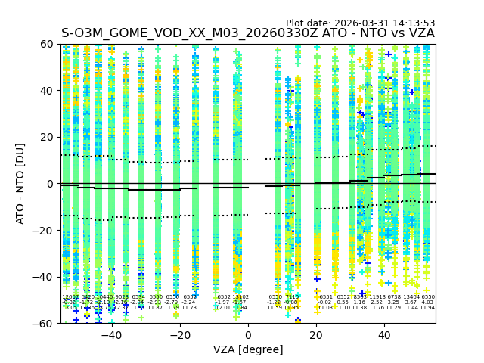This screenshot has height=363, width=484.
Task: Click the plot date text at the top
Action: [360, 23]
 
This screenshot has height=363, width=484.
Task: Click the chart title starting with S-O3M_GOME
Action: [248, 33]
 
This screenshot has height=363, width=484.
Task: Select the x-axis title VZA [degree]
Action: [248, 349]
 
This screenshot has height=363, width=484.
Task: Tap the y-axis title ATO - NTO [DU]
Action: [21, 184]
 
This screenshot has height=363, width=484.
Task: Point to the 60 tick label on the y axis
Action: [47, 45]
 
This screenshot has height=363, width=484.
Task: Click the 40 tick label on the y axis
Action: [47, 91]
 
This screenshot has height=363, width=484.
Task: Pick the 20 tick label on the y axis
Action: [47, 138]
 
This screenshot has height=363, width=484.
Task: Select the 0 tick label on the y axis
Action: [50, 184]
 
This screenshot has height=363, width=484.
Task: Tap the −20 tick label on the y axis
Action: [44, 231]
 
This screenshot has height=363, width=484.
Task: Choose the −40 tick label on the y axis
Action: [44, 277]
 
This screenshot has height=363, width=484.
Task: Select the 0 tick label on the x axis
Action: [248, 334]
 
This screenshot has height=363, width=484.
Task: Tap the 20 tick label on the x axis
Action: [317, 334]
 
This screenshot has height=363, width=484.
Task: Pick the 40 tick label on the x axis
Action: [385, 334]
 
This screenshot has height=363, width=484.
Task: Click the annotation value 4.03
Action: [427, 302]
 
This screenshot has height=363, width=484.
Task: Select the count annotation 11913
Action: [377, 297]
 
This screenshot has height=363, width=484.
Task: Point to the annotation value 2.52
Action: [377, 302]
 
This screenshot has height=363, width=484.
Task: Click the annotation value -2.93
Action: [155, 302]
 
